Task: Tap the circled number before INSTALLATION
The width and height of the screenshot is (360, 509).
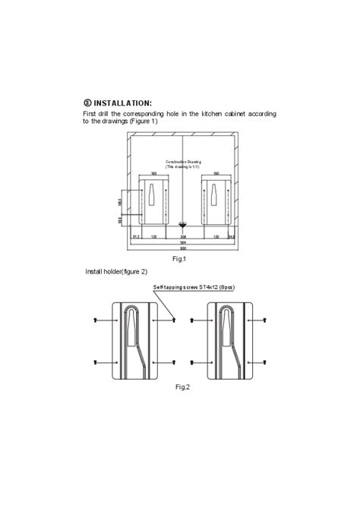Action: coord(87,103)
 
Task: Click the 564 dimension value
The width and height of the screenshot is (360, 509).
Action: coord(182,242)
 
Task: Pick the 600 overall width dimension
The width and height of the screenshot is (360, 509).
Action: coord(182,248)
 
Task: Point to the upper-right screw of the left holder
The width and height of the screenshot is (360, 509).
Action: coord(175,321)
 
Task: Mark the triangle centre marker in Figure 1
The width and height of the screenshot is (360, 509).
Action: coord(182,225)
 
